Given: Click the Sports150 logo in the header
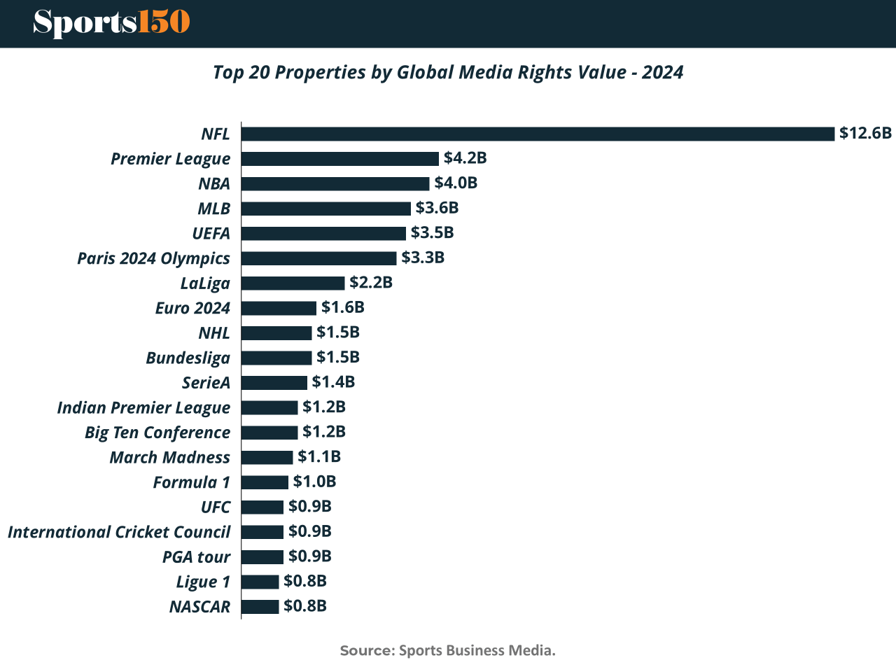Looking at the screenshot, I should click(x=111, y=22).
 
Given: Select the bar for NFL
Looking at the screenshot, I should click(x=538, y=134).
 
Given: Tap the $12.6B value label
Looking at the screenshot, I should click(x=865, y=133).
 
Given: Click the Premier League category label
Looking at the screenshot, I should click(x=170, y=159).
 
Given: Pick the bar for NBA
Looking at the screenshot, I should click(x=335, y=183).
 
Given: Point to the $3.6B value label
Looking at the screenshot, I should click(x=437, y=208).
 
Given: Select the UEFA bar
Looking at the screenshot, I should click(x=323, y=233).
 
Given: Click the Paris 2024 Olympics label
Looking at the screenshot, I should click(x=153, y=258).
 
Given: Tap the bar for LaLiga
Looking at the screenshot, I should click(x=293, y=283).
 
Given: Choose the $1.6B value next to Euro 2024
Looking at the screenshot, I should click(x=342, y=307).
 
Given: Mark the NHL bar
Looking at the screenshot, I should click(x=276, y=332).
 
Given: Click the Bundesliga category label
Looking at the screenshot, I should click(x=188, y=358).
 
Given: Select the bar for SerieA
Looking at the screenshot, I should click(x=274, y=382).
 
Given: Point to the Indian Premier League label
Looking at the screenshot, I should click(x=143, y=407).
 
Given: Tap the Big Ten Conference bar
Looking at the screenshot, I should click(x=269, y=433).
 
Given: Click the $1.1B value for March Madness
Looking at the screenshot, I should click(x=319, y=456).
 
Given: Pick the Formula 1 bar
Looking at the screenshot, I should click(x=265, y=482).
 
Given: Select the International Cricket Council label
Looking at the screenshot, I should click(x=119, y=532).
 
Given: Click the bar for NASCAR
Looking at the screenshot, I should click(x=260, y=606).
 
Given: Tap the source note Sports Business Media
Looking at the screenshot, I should click(x=448, y=650).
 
